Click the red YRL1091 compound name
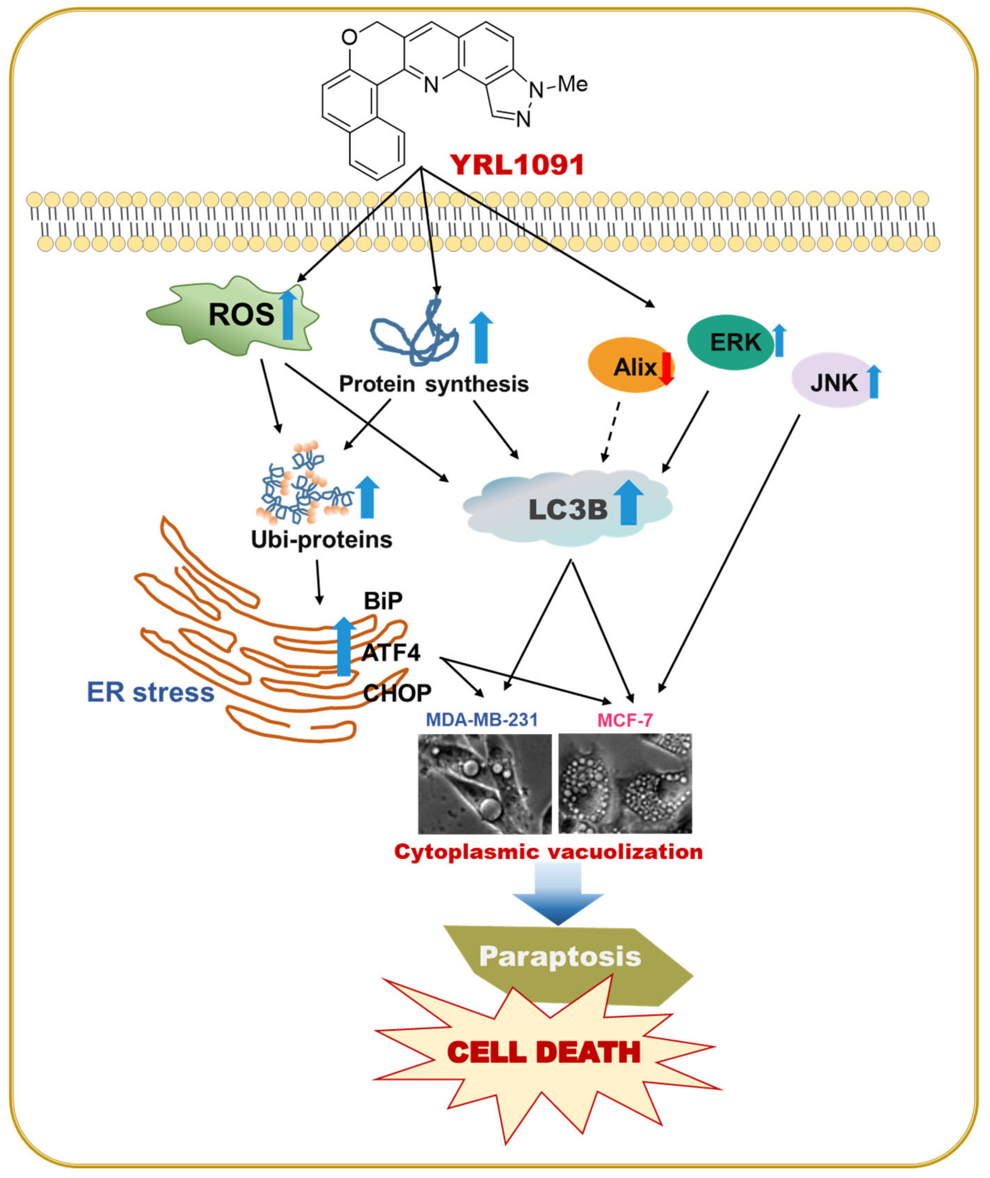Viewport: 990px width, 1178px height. click(517, 165)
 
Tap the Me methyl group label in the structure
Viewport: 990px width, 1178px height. click(573, 84)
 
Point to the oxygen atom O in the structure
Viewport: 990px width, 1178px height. click(349, 38)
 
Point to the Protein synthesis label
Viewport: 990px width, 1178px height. click(433, 384)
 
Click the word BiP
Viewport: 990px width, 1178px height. click(383, 601)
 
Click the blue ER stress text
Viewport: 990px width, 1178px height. click(150, 692)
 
